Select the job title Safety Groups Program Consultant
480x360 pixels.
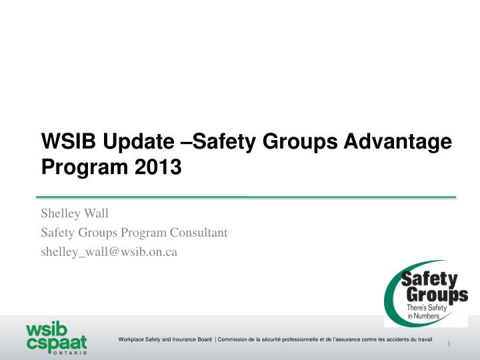pyautogui.click(x=134, y=233)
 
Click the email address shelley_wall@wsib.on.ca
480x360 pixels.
pyautogui.click(x=109, y=251)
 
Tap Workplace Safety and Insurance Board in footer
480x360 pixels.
pyautogui.click(x=165, y=341)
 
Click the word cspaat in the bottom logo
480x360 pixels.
pyautogui.click(x=56, y=343)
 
